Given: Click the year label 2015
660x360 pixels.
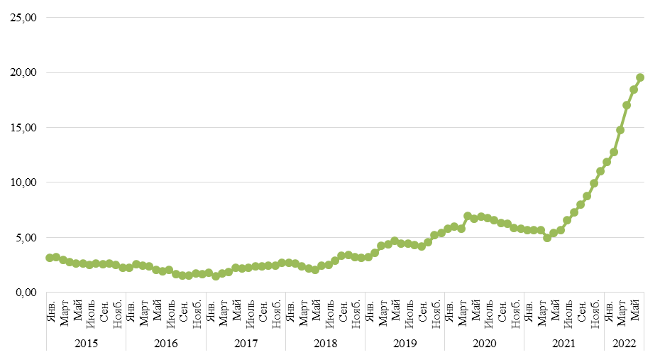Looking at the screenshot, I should [x=86, y=344].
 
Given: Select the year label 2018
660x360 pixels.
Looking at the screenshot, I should [x=325, y=344].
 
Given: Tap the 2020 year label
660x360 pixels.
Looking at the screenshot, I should [x=484, y=344].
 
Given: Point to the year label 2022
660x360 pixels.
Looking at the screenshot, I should [x=624, y=344].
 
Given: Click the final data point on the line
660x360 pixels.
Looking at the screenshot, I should [x=640, y=77].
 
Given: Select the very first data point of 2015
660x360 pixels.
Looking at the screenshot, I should [x=50, y=258].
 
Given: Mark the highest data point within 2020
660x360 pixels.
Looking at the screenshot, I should [x=468, y=216].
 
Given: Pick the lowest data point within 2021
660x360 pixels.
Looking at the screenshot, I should [x=547, y=238].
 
